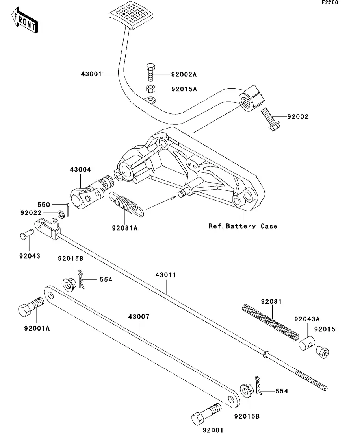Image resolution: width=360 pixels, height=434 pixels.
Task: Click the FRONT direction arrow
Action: pos(25,21)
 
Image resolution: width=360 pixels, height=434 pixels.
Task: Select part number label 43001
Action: pos(91,74)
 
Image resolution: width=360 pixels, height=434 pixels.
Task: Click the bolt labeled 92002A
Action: pos(150,72)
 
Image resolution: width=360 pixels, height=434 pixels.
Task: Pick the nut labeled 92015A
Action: pos(150,89)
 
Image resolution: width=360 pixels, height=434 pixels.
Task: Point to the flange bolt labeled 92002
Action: pos(271,120)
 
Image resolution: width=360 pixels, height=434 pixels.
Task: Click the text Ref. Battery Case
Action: pos(243,226)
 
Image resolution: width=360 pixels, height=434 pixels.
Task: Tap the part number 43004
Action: pos(80,170)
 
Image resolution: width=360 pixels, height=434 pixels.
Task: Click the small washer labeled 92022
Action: pos(60,214)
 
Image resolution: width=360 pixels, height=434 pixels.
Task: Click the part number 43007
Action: pos(139,317)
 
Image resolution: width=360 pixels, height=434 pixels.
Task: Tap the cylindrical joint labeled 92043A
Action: pos(307,343)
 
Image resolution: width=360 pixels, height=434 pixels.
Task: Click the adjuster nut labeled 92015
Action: pos(323,352)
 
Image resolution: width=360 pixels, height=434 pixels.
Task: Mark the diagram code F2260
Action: pos(330,2)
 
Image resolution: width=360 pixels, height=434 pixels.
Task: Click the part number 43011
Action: pos(166,275)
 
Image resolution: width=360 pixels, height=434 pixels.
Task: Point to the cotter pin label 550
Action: pos(44,205)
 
